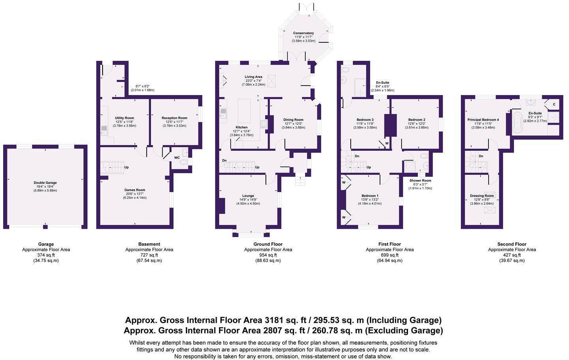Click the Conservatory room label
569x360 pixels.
pyautogui.click(x=303, y=33)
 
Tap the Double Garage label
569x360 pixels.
pyautogui.click(x=45, y=183)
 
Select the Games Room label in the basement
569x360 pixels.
pyautogui.click(x=135, y=190)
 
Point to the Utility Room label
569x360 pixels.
pyautogui.click(x=124, y=118)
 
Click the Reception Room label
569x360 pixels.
pyautogui.click(x=174, y=118)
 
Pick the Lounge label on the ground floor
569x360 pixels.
pyautogui.click(x=248, y=196)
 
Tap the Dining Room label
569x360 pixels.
pyautogui.click(x=294, y=120)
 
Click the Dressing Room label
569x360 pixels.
pyautogui.click(x=482, y=196)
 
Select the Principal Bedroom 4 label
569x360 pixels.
pyautogui.click(x=483, y=120)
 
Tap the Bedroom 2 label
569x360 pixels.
pyautogui.click(x=417, y=120)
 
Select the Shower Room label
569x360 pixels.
pyautogui.click(x=420, y=181)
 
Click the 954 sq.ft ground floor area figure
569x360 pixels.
pyautogui.click(x=268, y=255)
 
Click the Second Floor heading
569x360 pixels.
pyautogui.click(x=512, y=244)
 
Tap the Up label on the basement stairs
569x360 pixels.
pyautogui.click(x=127, y=167)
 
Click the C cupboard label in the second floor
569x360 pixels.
pyautogui.click(x=554, y=105)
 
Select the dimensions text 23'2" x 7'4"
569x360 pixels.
pyautogui.click(x=253, y=81)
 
